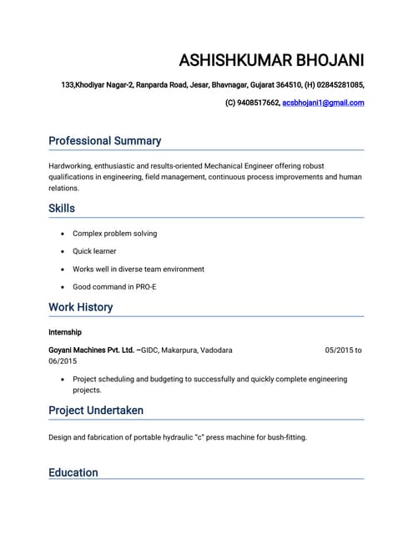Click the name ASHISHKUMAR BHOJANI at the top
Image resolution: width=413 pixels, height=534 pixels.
pos(271,61)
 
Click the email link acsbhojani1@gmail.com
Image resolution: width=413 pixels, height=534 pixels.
pos(323,103)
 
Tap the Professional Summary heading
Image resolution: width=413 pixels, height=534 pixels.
pos(104,141)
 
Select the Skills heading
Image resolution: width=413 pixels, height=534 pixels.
pos(62,208)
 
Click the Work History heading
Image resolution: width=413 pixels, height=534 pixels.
pos(80,307)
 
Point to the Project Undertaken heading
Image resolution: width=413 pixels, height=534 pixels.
pos(96,411)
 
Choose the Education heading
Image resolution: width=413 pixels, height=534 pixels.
pos(73,472)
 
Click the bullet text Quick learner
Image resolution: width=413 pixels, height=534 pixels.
pos(94,251)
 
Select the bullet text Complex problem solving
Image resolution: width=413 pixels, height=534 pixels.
pos(114,234)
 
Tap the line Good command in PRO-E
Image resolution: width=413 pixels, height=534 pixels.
pos(114,287)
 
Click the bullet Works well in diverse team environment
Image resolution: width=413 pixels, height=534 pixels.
pos(138,269)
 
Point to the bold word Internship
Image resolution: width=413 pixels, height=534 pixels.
pos(65,332)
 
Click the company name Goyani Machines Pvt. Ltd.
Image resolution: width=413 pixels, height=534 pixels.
pos(91,350)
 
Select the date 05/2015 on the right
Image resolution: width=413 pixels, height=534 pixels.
pos(339,350)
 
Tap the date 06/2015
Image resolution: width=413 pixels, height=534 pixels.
pos(63,361)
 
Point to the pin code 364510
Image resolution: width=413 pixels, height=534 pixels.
pos(288,84)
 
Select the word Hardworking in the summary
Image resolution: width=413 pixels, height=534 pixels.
pos(69,165)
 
